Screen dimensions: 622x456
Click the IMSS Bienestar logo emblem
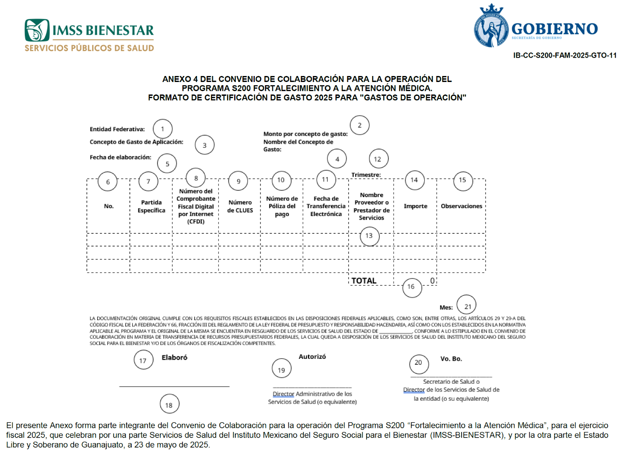[x=37, y=30]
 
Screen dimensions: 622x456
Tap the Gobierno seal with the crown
[x=491, y=25]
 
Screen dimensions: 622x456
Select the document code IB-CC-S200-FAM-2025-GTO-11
[x=565, y=56]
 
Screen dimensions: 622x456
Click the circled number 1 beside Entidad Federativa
[x=163, y=129]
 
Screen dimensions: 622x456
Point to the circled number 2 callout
[x=359, y=125]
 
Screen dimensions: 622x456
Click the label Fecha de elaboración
[x=121, y=158]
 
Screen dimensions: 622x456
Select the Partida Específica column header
[x=151, y=206]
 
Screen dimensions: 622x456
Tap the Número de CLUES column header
[x=240, y=206]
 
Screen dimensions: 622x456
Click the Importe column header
[x=416, y=206]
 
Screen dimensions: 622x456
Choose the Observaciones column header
[x=462, y=206]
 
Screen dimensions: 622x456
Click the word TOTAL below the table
[x=364, y=281]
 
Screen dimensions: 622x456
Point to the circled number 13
[x=370, y=236]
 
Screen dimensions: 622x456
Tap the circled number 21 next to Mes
[x=466, y=305]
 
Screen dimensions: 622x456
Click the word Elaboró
[x=174, y=357]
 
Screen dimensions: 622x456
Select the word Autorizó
[x=312, y=357]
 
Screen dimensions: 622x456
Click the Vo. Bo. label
[x=451, y=359]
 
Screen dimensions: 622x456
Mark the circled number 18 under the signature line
[x=170, y=404]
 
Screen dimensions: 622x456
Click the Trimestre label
[x=366, y=175]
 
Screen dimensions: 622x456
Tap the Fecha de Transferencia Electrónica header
[x=326, y=206]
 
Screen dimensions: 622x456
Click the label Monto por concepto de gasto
[x=305, y=134]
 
